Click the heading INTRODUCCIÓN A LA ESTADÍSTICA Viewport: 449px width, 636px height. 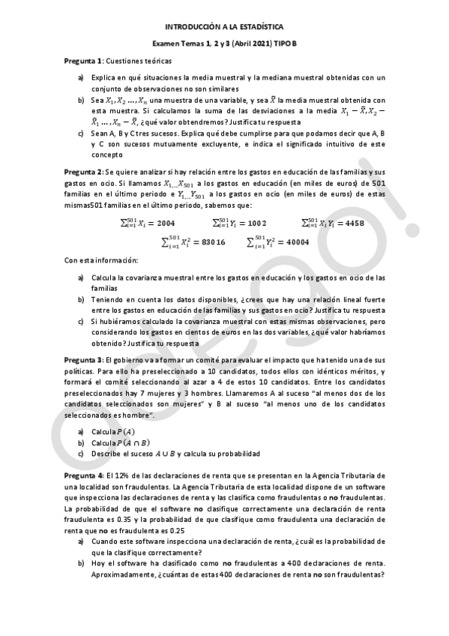[x=224, y=25]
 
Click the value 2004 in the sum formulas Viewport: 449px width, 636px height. [x=166, y=223]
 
